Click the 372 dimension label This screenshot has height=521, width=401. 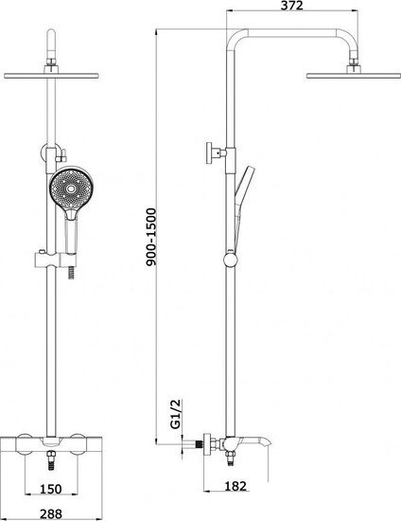point(292,6)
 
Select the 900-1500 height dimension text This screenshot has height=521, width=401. point(151,237)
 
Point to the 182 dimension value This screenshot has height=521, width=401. point(235,486)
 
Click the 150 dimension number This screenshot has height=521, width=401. point(51,489)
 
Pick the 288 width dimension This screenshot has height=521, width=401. point(51,514)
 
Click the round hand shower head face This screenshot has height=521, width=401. point(71,189)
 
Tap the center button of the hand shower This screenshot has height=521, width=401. point(71,189)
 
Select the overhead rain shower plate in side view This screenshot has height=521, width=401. point(353,76)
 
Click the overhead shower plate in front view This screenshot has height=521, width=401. point(51,76)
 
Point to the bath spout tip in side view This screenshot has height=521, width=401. point(268,442)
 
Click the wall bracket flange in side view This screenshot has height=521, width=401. point(209,153)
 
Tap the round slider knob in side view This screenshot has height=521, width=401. point(231,260)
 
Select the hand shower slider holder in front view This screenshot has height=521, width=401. point(56,260)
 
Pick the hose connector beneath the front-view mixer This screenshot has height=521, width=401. point(51,460)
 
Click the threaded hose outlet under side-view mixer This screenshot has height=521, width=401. point(230,458)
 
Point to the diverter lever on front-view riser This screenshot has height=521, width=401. point(61,155)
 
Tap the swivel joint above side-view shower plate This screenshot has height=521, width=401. point(354,62)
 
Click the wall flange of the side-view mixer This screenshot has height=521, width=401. point(207,444)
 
